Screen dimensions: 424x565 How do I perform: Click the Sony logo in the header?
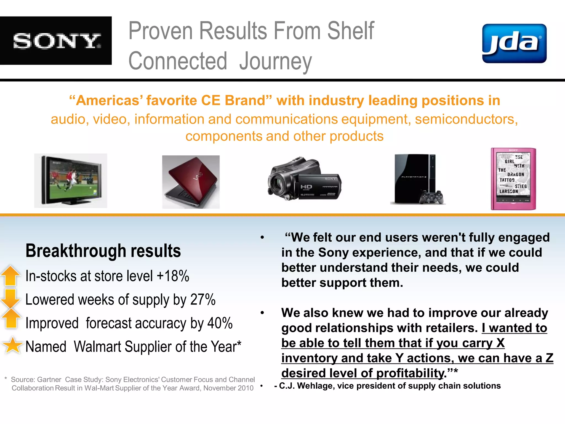[x=57, y=41]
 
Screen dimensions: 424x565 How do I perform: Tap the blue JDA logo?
[x=514, y=43]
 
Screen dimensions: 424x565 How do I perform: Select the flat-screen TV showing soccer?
[x=71, y=181]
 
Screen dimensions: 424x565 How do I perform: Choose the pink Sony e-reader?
[x=513, y=179]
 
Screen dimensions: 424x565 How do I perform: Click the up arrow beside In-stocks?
[x=11, y=275]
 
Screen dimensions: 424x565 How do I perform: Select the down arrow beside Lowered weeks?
[x=11, y=298]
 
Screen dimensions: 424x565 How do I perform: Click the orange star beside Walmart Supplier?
[x=12, y=345]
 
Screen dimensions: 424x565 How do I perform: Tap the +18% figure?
[x=173, y=276]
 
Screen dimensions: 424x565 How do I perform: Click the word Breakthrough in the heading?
[x=76, y=251]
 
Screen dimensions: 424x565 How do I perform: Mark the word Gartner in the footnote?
[x=49, y=380]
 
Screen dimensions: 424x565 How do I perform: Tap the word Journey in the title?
[x=275, y=61]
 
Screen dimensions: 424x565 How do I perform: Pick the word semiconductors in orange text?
[x=466, y=119]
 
